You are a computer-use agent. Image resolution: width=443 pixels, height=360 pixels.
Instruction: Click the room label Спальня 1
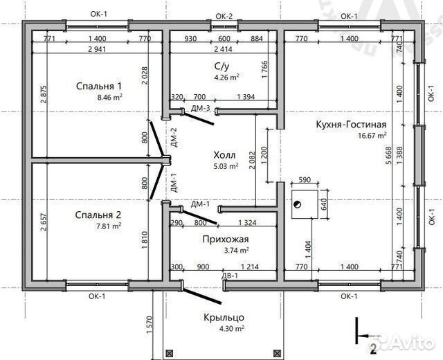pos(98,87)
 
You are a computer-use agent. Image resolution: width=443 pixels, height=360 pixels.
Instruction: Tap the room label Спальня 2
pos(98,215)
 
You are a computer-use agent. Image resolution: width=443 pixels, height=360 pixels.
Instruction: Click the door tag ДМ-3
pos(201,108)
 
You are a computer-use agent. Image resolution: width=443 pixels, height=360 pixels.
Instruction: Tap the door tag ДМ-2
pos(174,138)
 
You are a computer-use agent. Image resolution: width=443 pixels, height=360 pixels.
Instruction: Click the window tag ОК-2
pos(224,15)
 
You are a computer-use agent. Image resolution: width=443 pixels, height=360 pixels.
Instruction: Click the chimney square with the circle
pos(297,204)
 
